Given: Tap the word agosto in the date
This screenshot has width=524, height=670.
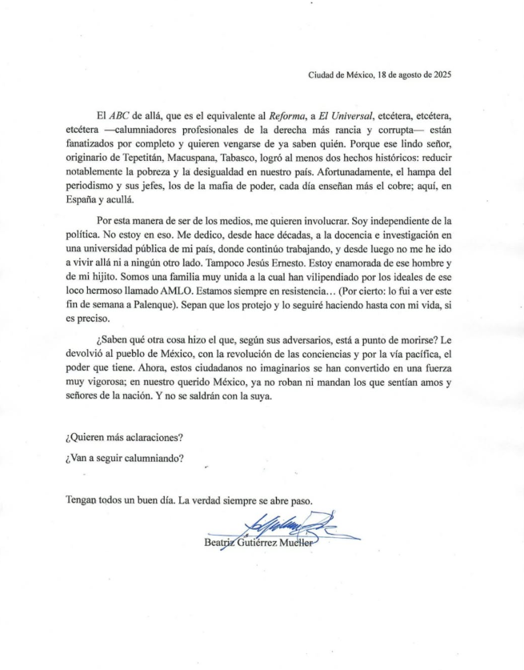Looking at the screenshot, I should coord(403,75).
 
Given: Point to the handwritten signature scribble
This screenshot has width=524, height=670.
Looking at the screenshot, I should coord(264,528).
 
